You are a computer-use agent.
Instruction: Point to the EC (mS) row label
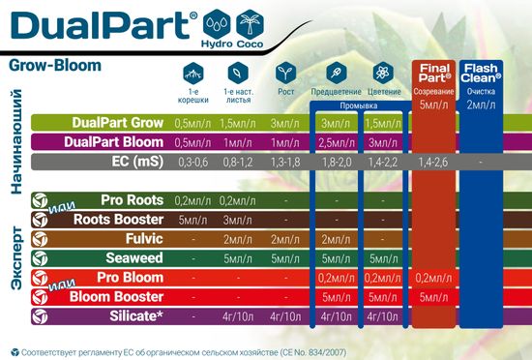[x=130, y=161]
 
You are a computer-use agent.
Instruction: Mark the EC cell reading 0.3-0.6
[x=191, y=162]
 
